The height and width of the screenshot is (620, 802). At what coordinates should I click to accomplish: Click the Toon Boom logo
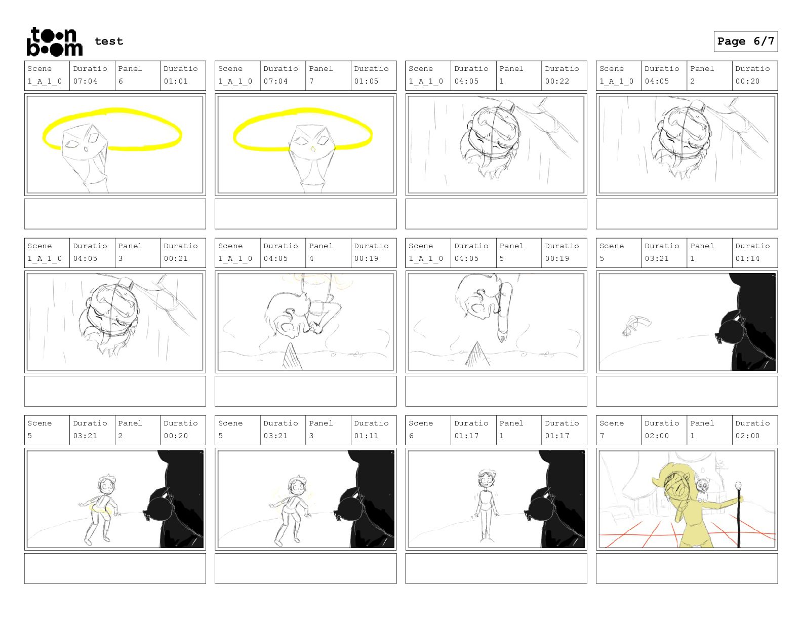(x=55, y=42)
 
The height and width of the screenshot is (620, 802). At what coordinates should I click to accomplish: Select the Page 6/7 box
(x=745, y=42)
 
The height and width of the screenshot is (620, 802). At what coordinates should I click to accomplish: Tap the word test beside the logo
(x=109, y=41)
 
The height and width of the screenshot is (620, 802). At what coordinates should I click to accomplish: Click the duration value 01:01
(x=176, y=81)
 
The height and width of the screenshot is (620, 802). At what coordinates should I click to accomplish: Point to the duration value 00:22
(x=557, y=81)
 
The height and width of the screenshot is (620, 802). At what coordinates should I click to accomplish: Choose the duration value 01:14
(x=747, y=258)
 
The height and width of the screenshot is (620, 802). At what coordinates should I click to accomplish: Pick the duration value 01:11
(x=366, y=436)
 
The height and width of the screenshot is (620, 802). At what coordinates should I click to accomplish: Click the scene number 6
(x=411, y=436)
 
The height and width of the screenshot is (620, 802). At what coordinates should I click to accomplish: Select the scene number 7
(x=602, y=436)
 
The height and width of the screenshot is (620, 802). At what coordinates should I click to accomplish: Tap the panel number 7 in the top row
(x=311, y=81)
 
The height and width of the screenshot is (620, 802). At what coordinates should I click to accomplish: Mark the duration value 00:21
(x=176, y=258)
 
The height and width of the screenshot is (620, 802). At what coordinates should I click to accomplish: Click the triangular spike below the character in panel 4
(x=292, y=356)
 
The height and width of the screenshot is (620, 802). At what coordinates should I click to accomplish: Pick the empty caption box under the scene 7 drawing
(x=687, y=568)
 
